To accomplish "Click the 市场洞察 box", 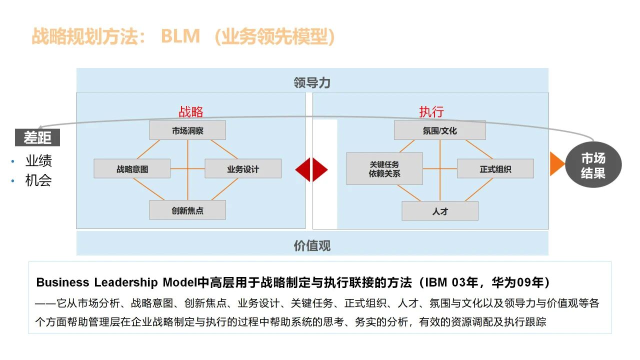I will click(x=187, y=130).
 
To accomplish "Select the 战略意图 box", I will click(x=132, y=169).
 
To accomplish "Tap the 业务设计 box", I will click(x=243, y=169).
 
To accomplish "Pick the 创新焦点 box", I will click(x=187, y=210).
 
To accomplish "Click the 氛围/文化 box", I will click(x=439, y=130).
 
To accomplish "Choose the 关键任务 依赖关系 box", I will click(x=384, y=169).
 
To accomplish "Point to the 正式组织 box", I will click(x=495, y=169).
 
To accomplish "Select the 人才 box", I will click(x=440, y=211).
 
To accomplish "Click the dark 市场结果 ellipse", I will click(x=593, y=165).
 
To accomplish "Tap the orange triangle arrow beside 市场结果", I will click(x=556, y=164).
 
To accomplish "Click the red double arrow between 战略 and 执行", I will click(x=311, y=169).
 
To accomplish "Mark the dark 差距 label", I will click(x=37, y=137).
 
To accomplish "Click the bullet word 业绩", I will click(x=38, y=161).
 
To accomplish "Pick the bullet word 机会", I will click(x=38, y=180).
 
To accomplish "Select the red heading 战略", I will click(x=191, y=111).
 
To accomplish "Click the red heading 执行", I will click(x=431, y=111).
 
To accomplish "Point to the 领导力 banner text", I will click(x=312, y=82).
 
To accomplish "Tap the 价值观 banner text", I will click(x=312, y=245).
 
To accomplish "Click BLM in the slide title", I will click(x=180, y=36).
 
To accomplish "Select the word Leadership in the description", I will click(x=126, y=282).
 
